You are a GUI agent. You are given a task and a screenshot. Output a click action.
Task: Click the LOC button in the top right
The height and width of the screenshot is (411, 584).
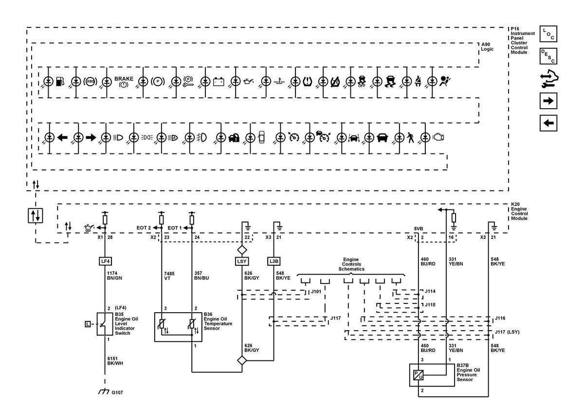click(x=548, y=34)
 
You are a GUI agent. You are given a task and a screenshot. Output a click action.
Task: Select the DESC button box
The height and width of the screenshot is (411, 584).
click(x=548, y=56)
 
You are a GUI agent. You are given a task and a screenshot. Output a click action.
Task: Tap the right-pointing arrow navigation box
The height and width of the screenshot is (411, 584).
click(x=548, y=101)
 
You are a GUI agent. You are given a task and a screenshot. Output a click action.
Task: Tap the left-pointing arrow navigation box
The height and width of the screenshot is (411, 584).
click(x=548, y=123)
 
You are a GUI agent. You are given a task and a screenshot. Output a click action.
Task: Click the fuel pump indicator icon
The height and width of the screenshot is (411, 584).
click(x=60, y=81)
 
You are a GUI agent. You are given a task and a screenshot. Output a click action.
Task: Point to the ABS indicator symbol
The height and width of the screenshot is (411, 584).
click(x=90, y=81)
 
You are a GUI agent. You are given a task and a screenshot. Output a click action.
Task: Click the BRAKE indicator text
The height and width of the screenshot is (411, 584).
click(x=124, y=78)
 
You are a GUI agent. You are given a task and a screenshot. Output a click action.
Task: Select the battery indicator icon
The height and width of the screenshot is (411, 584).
click(x=219, y=82)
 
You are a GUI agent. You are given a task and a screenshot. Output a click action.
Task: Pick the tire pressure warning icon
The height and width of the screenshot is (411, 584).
click(x=308, y=82)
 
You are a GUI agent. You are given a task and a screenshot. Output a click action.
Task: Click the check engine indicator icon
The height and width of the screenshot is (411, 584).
click(x=438, y=137)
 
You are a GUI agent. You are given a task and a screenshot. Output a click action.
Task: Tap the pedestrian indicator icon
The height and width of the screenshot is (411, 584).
click(x=410, y=137)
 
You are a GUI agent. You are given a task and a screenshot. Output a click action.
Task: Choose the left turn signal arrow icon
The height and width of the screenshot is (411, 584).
click(x=62, y=137)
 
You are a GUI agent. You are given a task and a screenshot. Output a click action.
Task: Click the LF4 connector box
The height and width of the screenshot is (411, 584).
click(x=105, y=261)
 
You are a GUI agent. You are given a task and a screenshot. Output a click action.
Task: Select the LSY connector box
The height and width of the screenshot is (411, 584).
click(x=242, y=261)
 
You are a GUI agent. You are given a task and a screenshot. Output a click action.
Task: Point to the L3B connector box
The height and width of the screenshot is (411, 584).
click(x=274, y=261)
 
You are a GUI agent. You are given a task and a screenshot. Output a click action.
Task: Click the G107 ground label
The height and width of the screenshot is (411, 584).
click(x=117, y=392)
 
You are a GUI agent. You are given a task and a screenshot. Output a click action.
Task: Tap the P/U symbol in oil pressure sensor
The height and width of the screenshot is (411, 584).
click(x=418, y=375)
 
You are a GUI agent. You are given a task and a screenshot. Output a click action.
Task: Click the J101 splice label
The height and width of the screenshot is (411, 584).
click(x=316, y=292)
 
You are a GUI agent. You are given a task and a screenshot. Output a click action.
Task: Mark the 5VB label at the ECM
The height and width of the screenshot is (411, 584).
click(x=419, y=229)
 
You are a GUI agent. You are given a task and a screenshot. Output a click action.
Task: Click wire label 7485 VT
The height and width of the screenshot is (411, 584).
click(x=169, y=276)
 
